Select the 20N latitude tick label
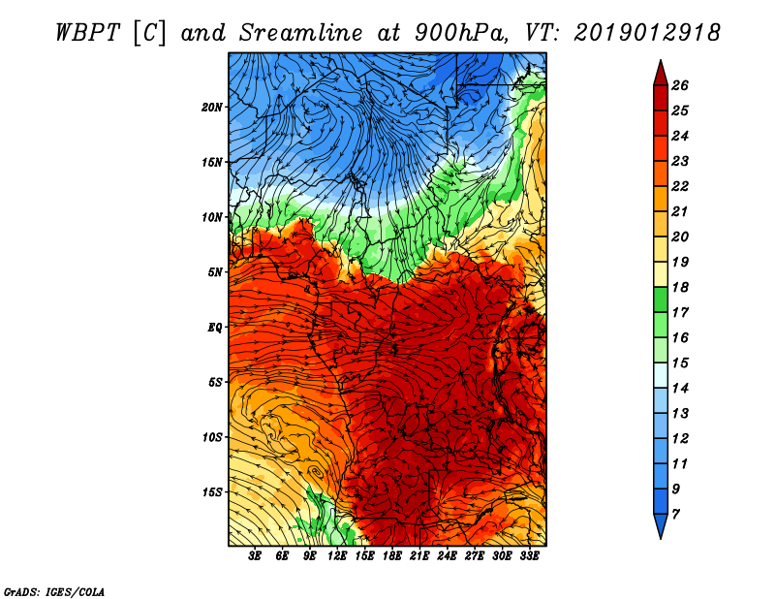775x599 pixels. coord(213,107)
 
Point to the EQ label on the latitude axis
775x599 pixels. coord(216,328)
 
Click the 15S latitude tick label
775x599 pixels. coord(213,492)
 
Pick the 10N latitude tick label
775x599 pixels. coord(213,217)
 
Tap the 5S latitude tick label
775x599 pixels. coord(215,382)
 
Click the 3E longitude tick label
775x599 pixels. coord(256,556)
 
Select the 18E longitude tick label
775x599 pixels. coord(392,556)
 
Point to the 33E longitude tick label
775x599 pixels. coord(529,556)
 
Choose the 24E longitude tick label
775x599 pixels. coord(447,556)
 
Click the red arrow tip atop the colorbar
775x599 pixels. coord(659,70)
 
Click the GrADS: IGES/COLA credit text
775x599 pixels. coord(54,590)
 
